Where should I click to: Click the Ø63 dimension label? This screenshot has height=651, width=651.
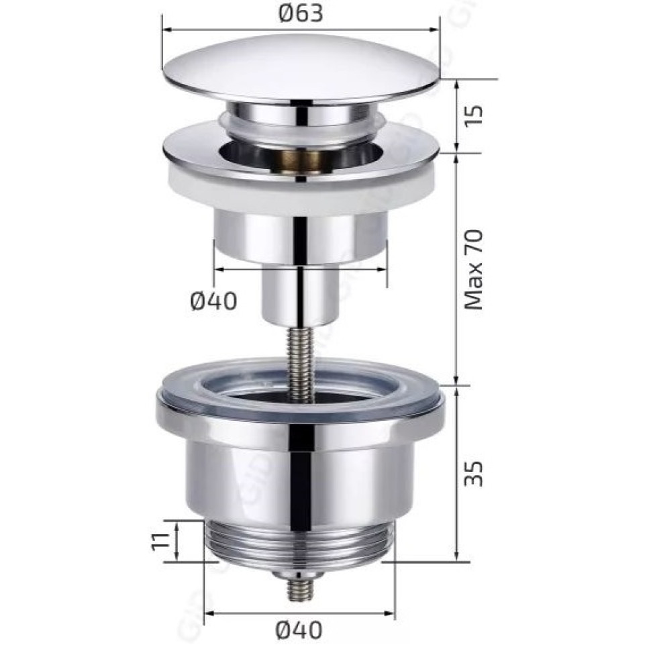(x=301, y=15)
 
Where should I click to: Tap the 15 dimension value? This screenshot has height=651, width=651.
(x=474, y=117)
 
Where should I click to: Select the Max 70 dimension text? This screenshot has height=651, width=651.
(x=474, y=270)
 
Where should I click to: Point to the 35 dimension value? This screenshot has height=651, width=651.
(x=474, y=473)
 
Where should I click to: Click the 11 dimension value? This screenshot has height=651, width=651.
(x=160, y=542)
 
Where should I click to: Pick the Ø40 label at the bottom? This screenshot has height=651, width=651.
(x=299, y=630)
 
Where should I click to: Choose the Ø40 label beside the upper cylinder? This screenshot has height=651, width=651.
(x=214, y=301)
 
